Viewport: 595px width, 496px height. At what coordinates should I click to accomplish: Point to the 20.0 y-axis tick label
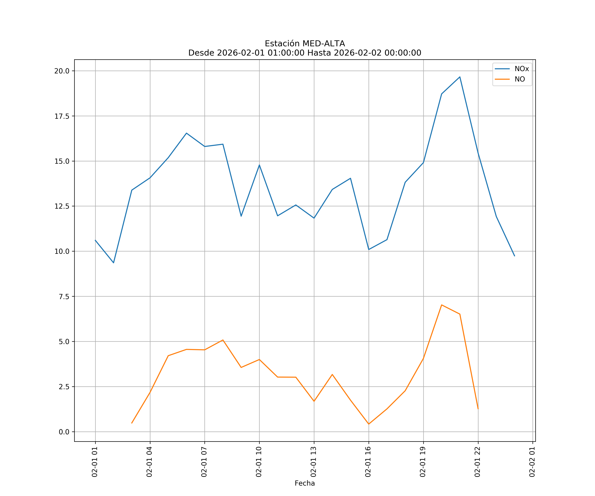62,71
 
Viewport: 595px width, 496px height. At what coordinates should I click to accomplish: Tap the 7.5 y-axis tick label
64,296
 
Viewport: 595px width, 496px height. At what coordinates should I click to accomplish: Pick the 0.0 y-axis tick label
64,432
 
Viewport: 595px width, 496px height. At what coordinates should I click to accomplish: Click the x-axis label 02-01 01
95,462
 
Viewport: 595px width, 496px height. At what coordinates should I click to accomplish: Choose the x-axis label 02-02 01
532,462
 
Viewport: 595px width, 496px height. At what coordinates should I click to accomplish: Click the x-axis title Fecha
305,483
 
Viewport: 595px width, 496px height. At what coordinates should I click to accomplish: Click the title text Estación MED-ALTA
305,44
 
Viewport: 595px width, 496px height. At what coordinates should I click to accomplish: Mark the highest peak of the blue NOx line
460,77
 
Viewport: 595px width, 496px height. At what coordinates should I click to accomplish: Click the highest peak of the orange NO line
441,305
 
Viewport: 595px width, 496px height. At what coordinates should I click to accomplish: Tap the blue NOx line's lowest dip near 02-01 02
114,263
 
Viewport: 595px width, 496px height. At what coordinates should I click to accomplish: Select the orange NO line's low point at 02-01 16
369,424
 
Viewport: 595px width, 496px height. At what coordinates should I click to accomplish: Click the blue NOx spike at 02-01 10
259,165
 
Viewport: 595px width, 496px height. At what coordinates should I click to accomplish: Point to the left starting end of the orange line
132,423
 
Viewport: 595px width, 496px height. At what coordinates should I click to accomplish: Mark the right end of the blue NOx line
514,256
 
